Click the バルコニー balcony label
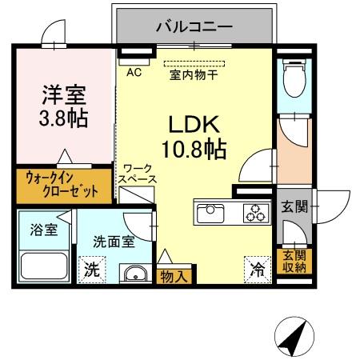[194, 27]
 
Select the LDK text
[194, 125]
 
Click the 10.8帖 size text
[195, 150]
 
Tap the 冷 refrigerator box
[257, 270]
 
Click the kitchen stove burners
[255, 213]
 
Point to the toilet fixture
[290, 81]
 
